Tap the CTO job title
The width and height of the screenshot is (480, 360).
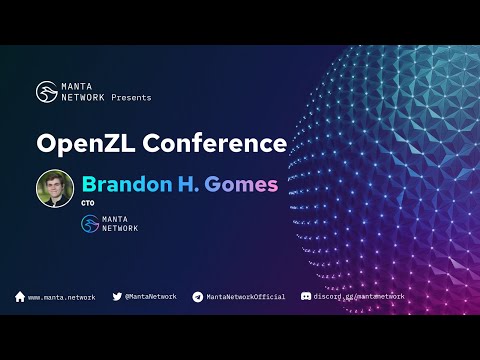pos(88,204)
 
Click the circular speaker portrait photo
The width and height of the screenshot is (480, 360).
pos(55,188)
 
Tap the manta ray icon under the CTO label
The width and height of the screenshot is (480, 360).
pos(91,224)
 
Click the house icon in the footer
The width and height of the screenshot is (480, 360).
pos(20,297)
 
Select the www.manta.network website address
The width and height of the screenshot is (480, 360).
pos(62,297)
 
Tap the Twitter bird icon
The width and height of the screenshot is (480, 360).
pos(117,297)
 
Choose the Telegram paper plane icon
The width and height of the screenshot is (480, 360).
pos(198,297)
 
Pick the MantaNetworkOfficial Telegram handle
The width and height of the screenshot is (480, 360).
pos(246,297)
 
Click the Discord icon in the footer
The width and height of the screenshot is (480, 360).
pos(306,297)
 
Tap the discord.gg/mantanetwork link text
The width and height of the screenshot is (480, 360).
pos(360,297)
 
